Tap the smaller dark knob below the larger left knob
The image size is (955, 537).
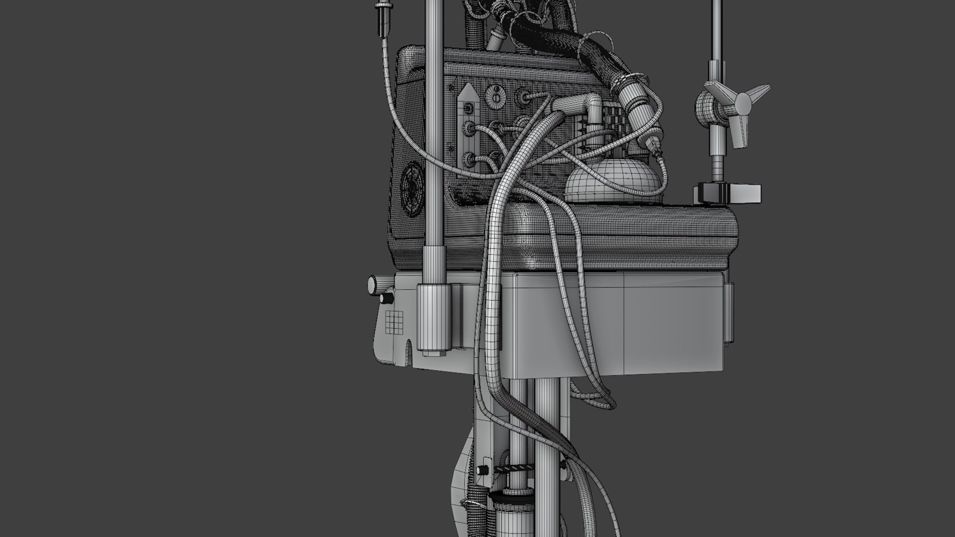tap(385, 298)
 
